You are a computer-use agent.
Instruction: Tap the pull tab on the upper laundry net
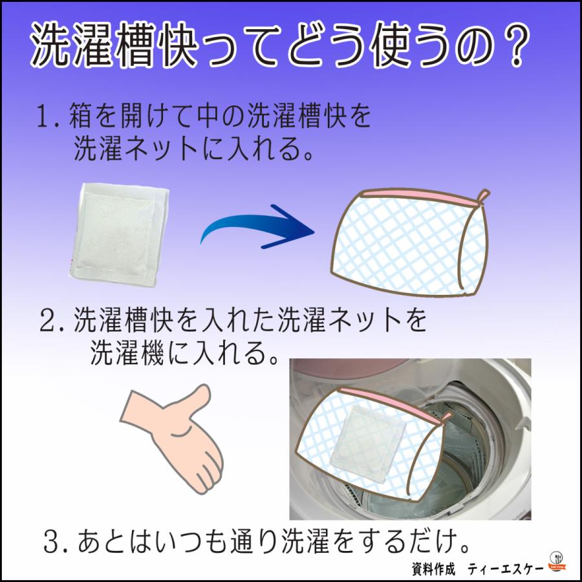482,195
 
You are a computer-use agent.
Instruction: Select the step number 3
54,539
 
